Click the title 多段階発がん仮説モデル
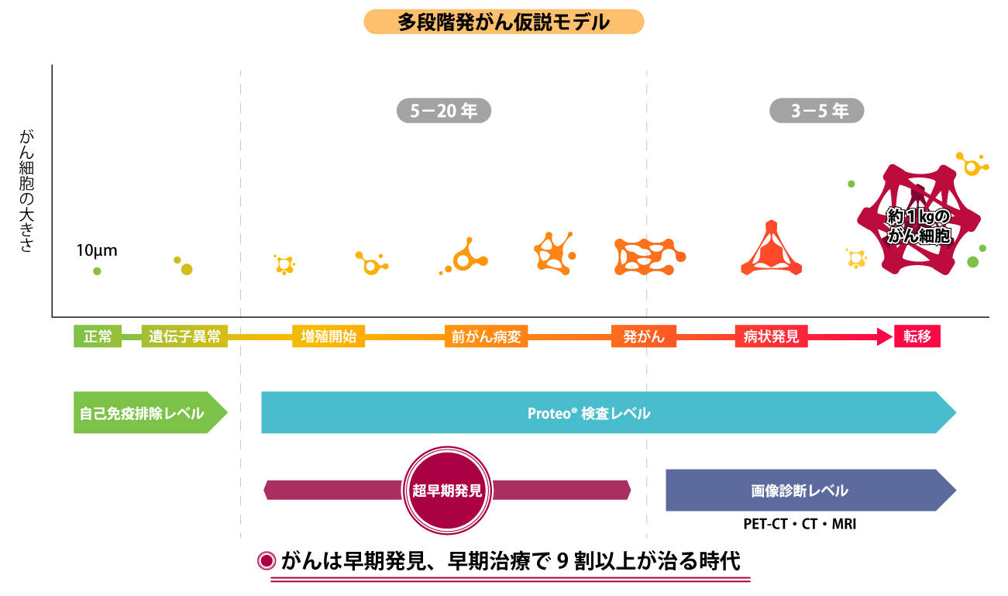[504, 22]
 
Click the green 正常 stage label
[98, 337]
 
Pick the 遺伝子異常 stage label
[184, 337]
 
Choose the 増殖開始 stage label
[329, 337]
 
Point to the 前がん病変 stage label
[487, 337]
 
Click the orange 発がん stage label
[643, 337]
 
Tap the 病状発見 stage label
[771, 337]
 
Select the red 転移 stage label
[917, 337]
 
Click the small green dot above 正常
[97, 271]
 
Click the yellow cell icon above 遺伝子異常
[185, 268]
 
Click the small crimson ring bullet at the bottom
[267, 560]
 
